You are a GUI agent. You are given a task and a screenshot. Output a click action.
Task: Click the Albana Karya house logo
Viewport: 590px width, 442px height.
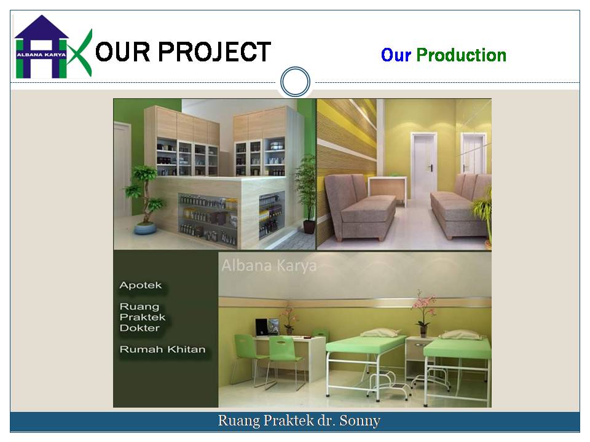53,47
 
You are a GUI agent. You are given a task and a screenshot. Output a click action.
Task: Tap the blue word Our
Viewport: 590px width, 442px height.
395,55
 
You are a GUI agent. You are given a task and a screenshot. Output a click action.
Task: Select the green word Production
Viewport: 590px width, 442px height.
461,55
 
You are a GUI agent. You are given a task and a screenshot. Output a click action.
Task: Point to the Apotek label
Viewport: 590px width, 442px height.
140,285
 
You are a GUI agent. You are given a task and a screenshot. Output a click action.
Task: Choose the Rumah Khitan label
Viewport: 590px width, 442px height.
162,349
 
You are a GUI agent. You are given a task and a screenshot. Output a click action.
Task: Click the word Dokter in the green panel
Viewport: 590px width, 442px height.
140,328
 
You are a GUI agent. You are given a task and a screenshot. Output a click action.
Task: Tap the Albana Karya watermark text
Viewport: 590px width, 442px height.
269,265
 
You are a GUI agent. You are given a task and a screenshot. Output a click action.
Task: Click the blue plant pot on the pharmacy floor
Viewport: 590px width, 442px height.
145,228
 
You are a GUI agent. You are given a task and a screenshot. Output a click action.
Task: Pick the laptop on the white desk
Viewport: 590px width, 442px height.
267,327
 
